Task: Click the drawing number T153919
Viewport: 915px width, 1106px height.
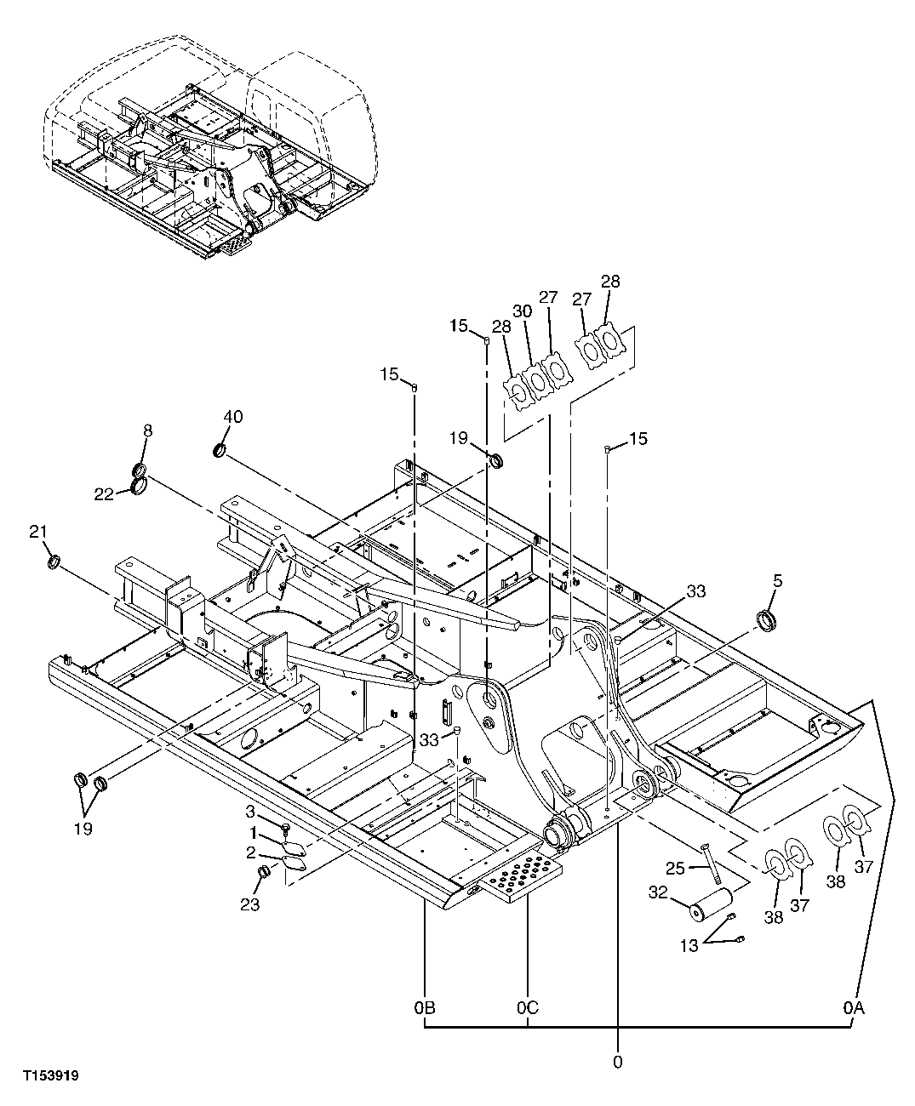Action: [51, 1076]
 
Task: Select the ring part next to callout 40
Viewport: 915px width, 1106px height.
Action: [220, 449]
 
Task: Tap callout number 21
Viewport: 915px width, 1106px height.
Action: [37, 532]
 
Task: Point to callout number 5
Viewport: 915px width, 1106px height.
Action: [778, 582]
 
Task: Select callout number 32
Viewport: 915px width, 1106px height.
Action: [659, 892]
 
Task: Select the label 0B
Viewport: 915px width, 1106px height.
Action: [425, 1008]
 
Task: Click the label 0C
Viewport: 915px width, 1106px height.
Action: [527, 1008]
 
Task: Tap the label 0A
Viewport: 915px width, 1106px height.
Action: [854, 1008]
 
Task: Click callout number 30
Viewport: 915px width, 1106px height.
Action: [522, 311]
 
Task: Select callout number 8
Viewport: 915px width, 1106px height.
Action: [147, 431]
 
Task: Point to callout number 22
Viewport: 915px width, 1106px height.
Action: [104, 493]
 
